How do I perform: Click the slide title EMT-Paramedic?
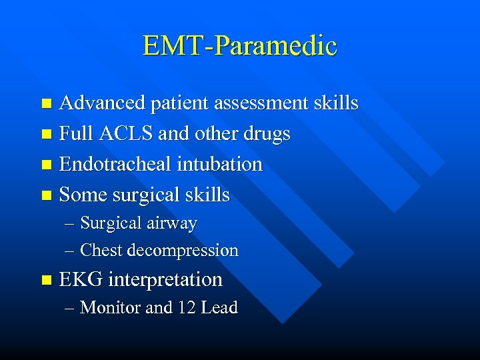(240, 46)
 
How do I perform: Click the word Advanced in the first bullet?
(102, 103)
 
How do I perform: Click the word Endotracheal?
(115, 164)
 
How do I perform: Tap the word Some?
(83, 195)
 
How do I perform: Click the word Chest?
(101, 251)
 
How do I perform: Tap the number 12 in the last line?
(185, 307)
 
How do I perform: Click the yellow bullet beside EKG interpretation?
(45, 280)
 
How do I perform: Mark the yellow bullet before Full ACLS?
(45, 135)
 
